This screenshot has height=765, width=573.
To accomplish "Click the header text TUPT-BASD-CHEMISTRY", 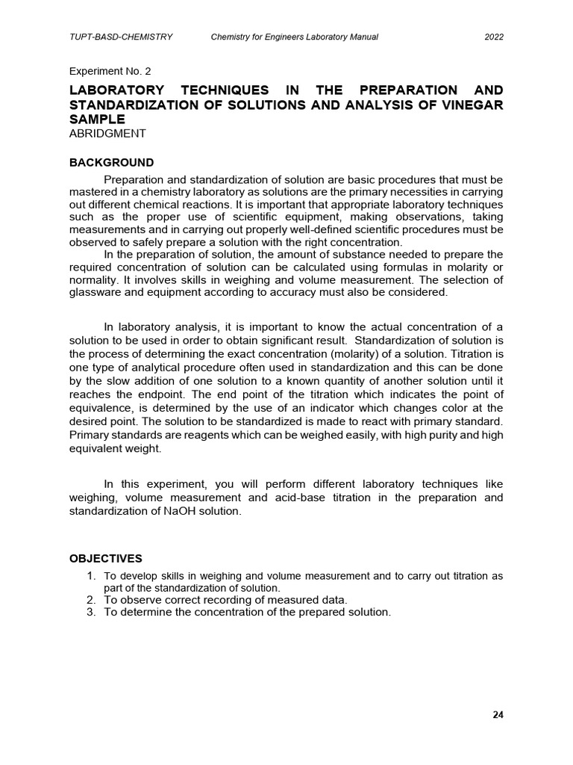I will point(121,37).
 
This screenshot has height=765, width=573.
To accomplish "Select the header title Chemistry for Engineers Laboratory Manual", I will point(295,37).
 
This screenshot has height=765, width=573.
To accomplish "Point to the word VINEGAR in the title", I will point(472,105).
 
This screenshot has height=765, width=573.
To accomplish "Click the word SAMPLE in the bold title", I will point(97,120).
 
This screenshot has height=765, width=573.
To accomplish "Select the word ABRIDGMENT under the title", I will point(107,134).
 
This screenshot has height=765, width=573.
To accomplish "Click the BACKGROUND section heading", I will point(112,162).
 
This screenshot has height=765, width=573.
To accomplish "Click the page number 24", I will point(498,714).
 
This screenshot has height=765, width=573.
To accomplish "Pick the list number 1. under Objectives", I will point(92,576).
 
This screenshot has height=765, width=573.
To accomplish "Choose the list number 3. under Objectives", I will point(92,612).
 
